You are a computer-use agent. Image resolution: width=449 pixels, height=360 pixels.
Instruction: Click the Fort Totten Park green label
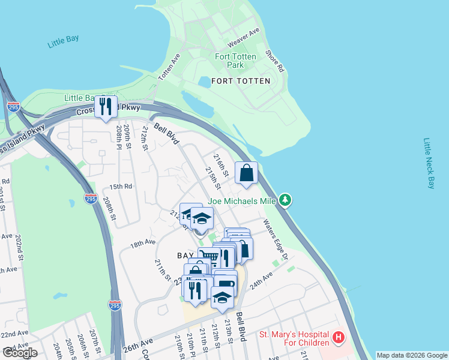[x=235, y=61]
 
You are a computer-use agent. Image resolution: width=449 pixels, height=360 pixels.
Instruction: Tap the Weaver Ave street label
[x=243, y=38]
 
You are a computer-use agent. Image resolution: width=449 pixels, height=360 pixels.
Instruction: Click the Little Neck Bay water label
[x=428, y=163]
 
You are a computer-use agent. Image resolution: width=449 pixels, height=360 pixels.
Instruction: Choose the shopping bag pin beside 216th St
[x=246, y=173]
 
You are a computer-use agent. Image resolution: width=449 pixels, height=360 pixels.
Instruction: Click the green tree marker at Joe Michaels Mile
[x=286, y=200]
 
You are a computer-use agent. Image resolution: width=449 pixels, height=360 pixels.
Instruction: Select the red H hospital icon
[x=339, y=338]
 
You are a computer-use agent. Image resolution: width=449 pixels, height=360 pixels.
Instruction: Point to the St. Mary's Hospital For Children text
[x=294, y=338]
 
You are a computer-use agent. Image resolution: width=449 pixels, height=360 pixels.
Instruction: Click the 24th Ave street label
[x=261, y=280]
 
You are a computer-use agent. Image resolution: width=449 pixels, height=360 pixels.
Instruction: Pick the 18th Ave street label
[x=143, y=244]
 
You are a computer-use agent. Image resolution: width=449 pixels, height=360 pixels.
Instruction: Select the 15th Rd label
[x=120, y=187]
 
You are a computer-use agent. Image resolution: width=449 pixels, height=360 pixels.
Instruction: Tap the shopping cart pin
[x=208, y=257]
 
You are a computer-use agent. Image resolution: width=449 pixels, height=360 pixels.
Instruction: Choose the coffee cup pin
[x=226, y=284]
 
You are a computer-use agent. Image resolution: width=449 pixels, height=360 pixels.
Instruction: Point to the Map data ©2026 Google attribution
[x=412, y=355]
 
